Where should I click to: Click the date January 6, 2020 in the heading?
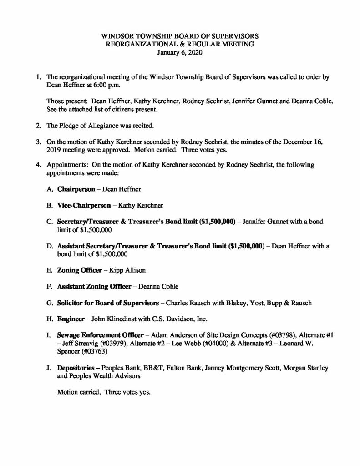click(180, 52)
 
